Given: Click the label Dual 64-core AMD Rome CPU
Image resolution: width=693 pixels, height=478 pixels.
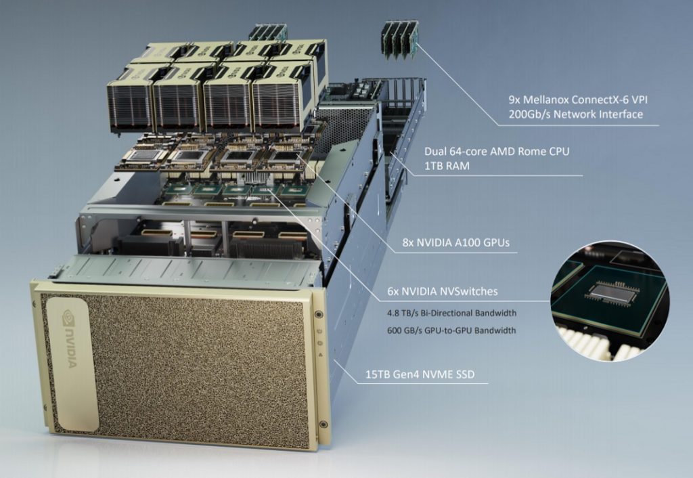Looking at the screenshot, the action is point(497,151).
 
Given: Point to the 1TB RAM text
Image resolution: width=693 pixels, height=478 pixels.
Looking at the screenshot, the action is point(447,166).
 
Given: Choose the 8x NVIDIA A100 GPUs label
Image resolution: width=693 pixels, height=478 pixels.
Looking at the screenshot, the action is point(455,242).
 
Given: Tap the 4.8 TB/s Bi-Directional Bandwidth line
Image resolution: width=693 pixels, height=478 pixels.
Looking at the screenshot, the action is point(451,313).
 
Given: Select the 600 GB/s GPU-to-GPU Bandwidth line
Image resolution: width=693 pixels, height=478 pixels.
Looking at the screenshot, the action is point(451,330).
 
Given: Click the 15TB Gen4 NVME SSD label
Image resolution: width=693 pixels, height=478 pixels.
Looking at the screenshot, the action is point(420,374).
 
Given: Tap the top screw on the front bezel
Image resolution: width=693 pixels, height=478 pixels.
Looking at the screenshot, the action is point(318,314).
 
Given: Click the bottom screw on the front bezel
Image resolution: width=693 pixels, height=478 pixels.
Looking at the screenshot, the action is point(323,425).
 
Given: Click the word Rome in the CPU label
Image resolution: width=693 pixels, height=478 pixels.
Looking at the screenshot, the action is point(534,151).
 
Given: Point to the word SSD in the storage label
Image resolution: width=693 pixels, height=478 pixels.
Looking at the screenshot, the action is point(464,374).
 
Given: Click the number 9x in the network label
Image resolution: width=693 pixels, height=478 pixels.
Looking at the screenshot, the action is point(514,100).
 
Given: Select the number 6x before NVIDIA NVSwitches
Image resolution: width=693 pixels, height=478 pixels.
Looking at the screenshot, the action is point(393,291).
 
